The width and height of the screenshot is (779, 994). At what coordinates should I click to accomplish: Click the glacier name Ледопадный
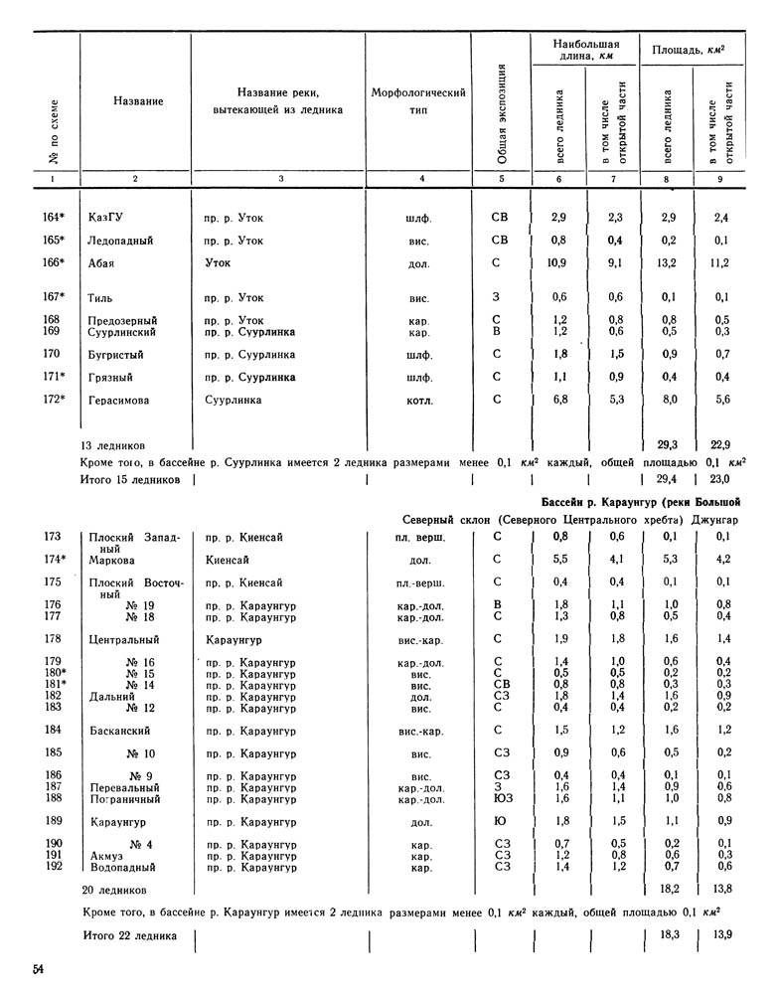123,240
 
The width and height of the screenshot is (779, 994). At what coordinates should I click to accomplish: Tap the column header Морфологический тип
418,100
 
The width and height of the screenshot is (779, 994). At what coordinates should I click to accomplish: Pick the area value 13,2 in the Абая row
667,262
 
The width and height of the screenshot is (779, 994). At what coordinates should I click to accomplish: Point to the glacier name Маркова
113,560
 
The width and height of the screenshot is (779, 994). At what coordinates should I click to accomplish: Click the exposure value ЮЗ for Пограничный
503,797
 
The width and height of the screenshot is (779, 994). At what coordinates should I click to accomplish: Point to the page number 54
39,969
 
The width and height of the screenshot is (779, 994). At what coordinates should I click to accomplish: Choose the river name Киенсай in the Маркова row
228,560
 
